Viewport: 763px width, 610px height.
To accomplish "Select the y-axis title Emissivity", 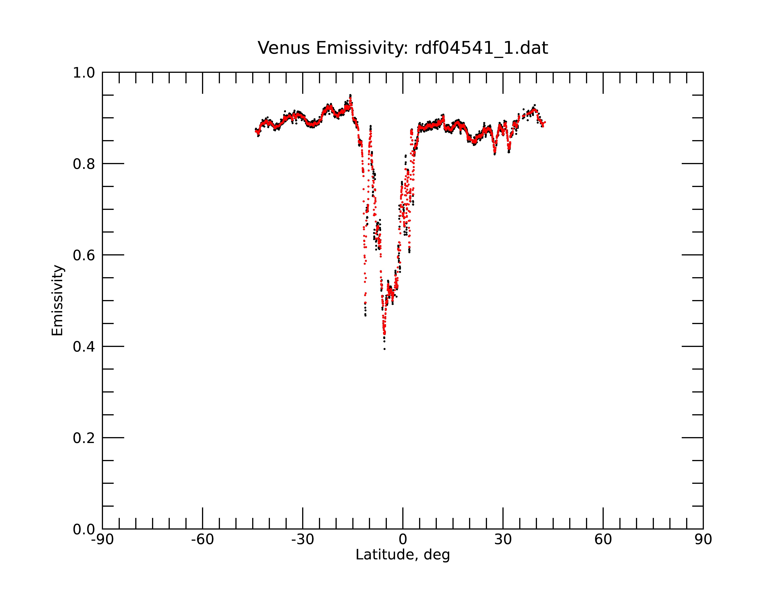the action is pos(57,300).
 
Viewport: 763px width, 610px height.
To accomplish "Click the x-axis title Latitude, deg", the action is pos(403,555).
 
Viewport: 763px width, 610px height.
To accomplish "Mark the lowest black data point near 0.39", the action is pos(384,349).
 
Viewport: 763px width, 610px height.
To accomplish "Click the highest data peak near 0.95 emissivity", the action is pos(350,95).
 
